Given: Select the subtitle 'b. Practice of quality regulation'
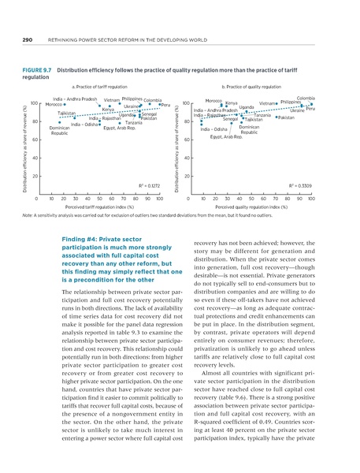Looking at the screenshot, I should [x=252, y=86].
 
